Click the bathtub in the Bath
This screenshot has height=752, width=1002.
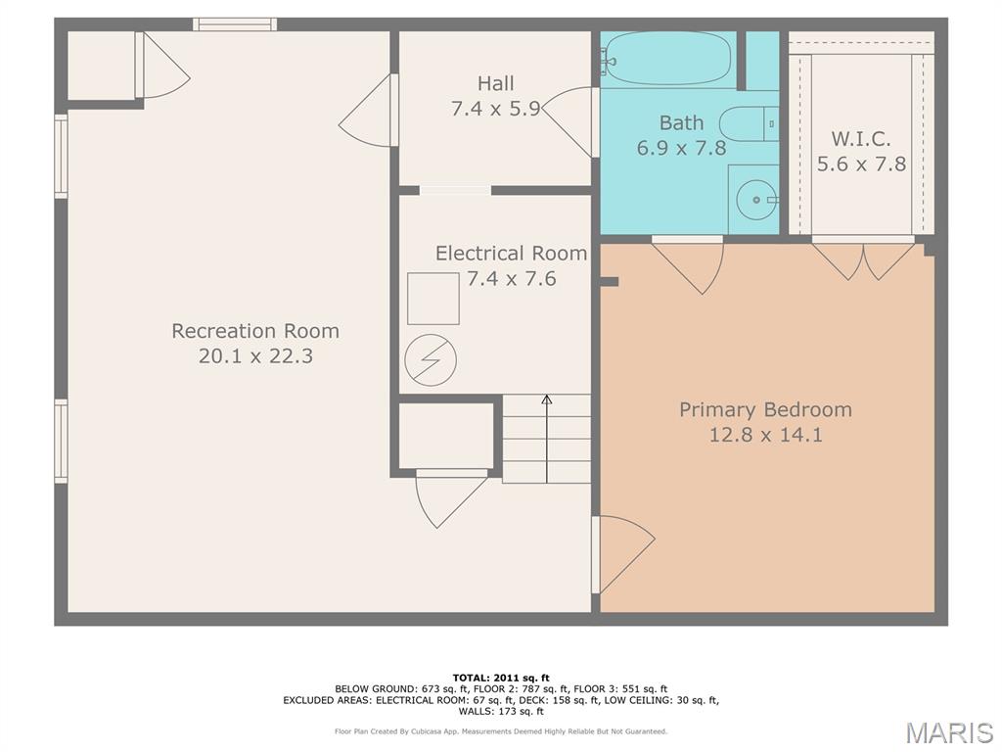point(667,59)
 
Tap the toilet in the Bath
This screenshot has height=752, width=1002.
point(749,124)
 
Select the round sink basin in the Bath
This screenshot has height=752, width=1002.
point(756,200)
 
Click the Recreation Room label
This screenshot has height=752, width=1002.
point(255,331)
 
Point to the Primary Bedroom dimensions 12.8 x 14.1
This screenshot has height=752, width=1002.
point(765,435)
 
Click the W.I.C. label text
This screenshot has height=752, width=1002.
point(861,139)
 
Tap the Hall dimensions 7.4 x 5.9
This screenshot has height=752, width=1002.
point(496,108)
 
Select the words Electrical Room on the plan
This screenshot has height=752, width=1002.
point(511,254)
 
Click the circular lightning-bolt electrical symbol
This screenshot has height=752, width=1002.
point(431,360)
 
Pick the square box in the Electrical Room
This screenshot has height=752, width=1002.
point(433,299)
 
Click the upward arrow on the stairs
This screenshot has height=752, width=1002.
point(546,439)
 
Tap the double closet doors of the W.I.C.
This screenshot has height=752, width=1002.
point(863,259)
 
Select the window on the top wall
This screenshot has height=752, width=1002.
point(235,24)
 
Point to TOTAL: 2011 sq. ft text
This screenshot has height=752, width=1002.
point(501,678)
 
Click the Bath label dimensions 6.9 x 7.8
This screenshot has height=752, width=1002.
point(681,148)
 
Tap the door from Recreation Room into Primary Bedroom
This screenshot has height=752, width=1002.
point(623,554)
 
